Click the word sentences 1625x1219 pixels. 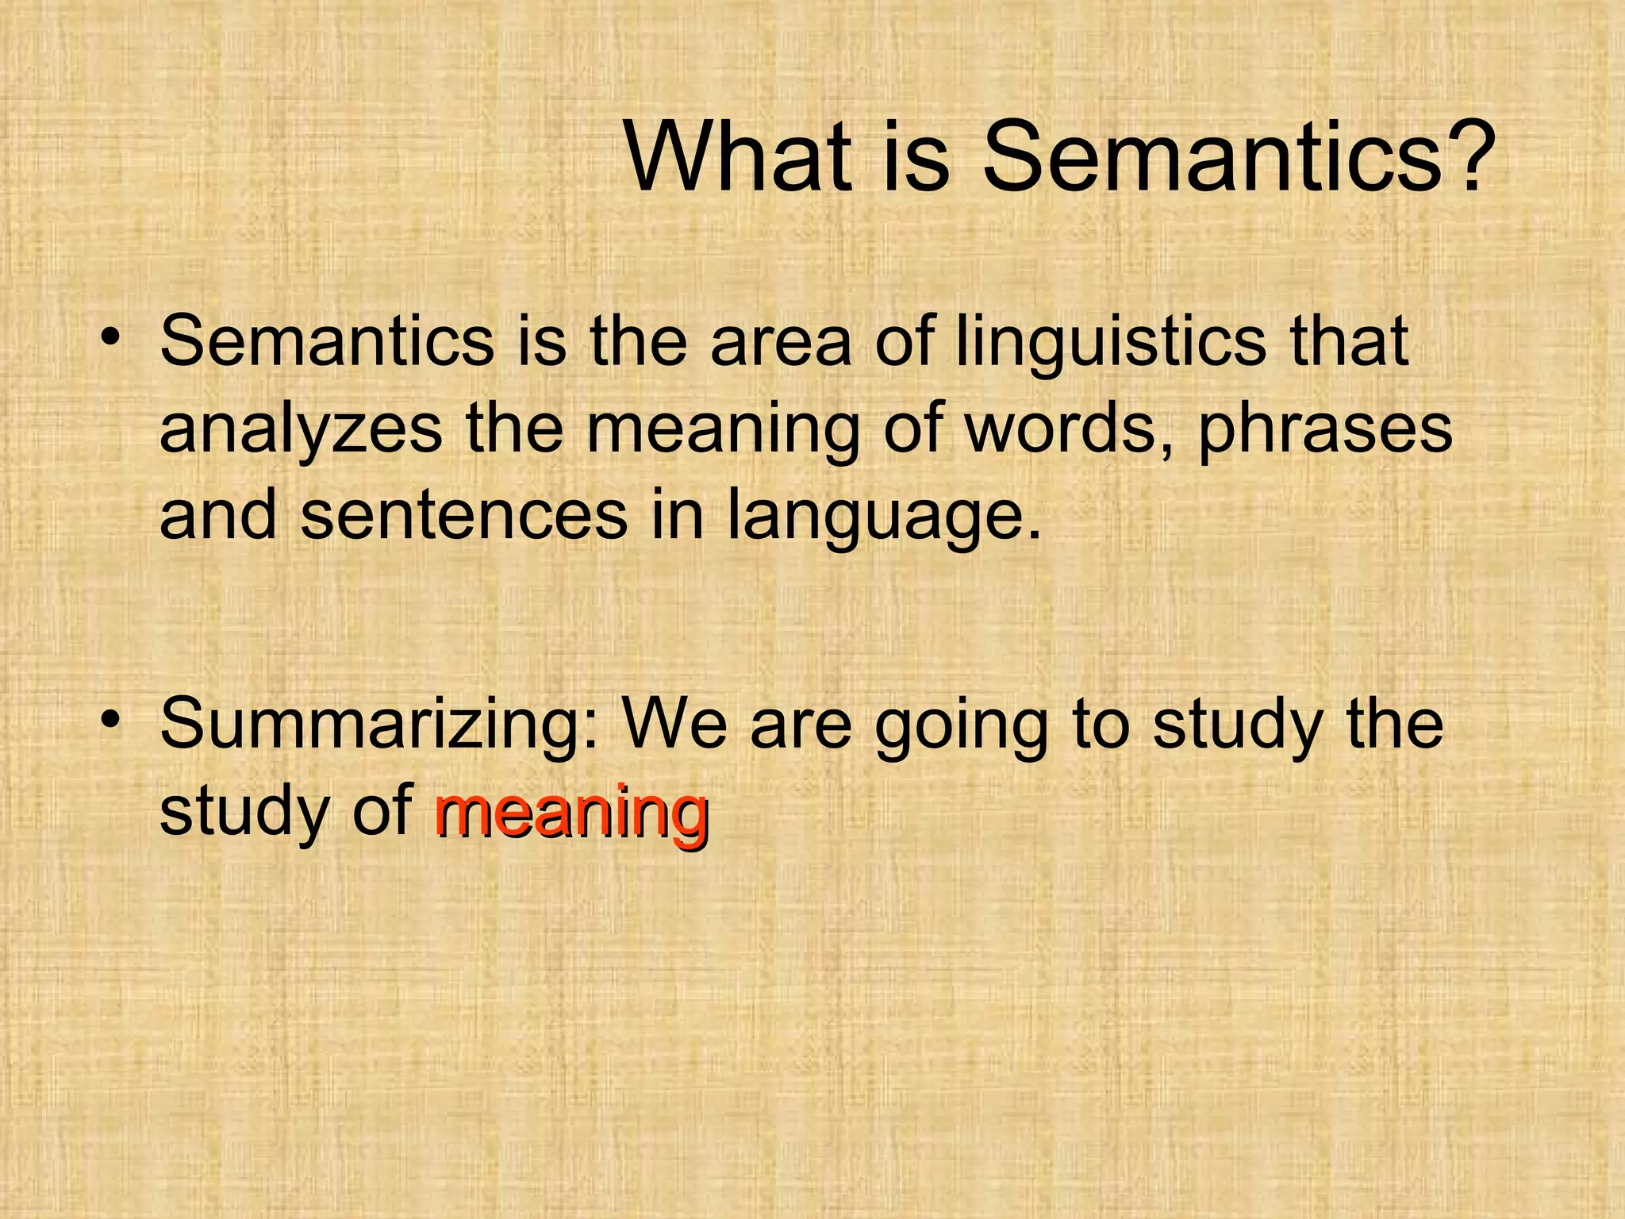click(x=464, y=516)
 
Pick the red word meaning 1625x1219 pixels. click(x=571, y=813)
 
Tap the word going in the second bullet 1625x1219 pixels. click(x=961, y=726)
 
